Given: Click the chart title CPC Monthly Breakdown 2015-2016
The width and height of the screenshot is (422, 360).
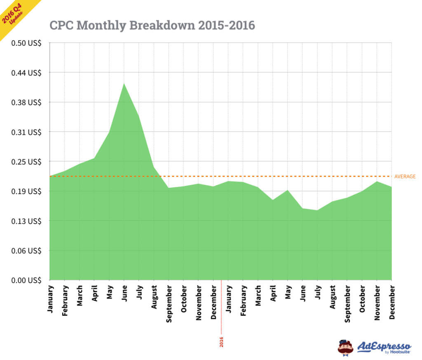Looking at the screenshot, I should tap(152, 26).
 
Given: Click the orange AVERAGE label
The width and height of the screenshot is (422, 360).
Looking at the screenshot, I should tap(405, 177).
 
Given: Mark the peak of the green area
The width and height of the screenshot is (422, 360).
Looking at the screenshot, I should tap(124, 84).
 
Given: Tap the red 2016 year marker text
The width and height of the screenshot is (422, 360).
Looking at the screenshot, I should tap(221, 342).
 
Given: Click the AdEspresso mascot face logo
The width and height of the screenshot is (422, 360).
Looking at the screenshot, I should tap(345, 347).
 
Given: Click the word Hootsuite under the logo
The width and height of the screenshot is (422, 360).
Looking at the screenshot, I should tap(398, 353).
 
